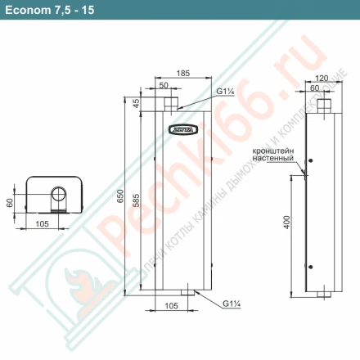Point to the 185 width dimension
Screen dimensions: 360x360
(x=183, y=74)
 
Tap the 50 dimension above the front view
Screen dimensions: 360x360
(x=163, y=86)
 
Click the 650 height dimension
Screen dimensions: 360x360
(x=120, y=196)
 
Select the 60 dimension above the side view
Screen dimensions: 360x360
(x=314, y=87)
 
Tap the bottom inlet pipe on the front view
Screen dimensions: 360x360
(x=190, y=290)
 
